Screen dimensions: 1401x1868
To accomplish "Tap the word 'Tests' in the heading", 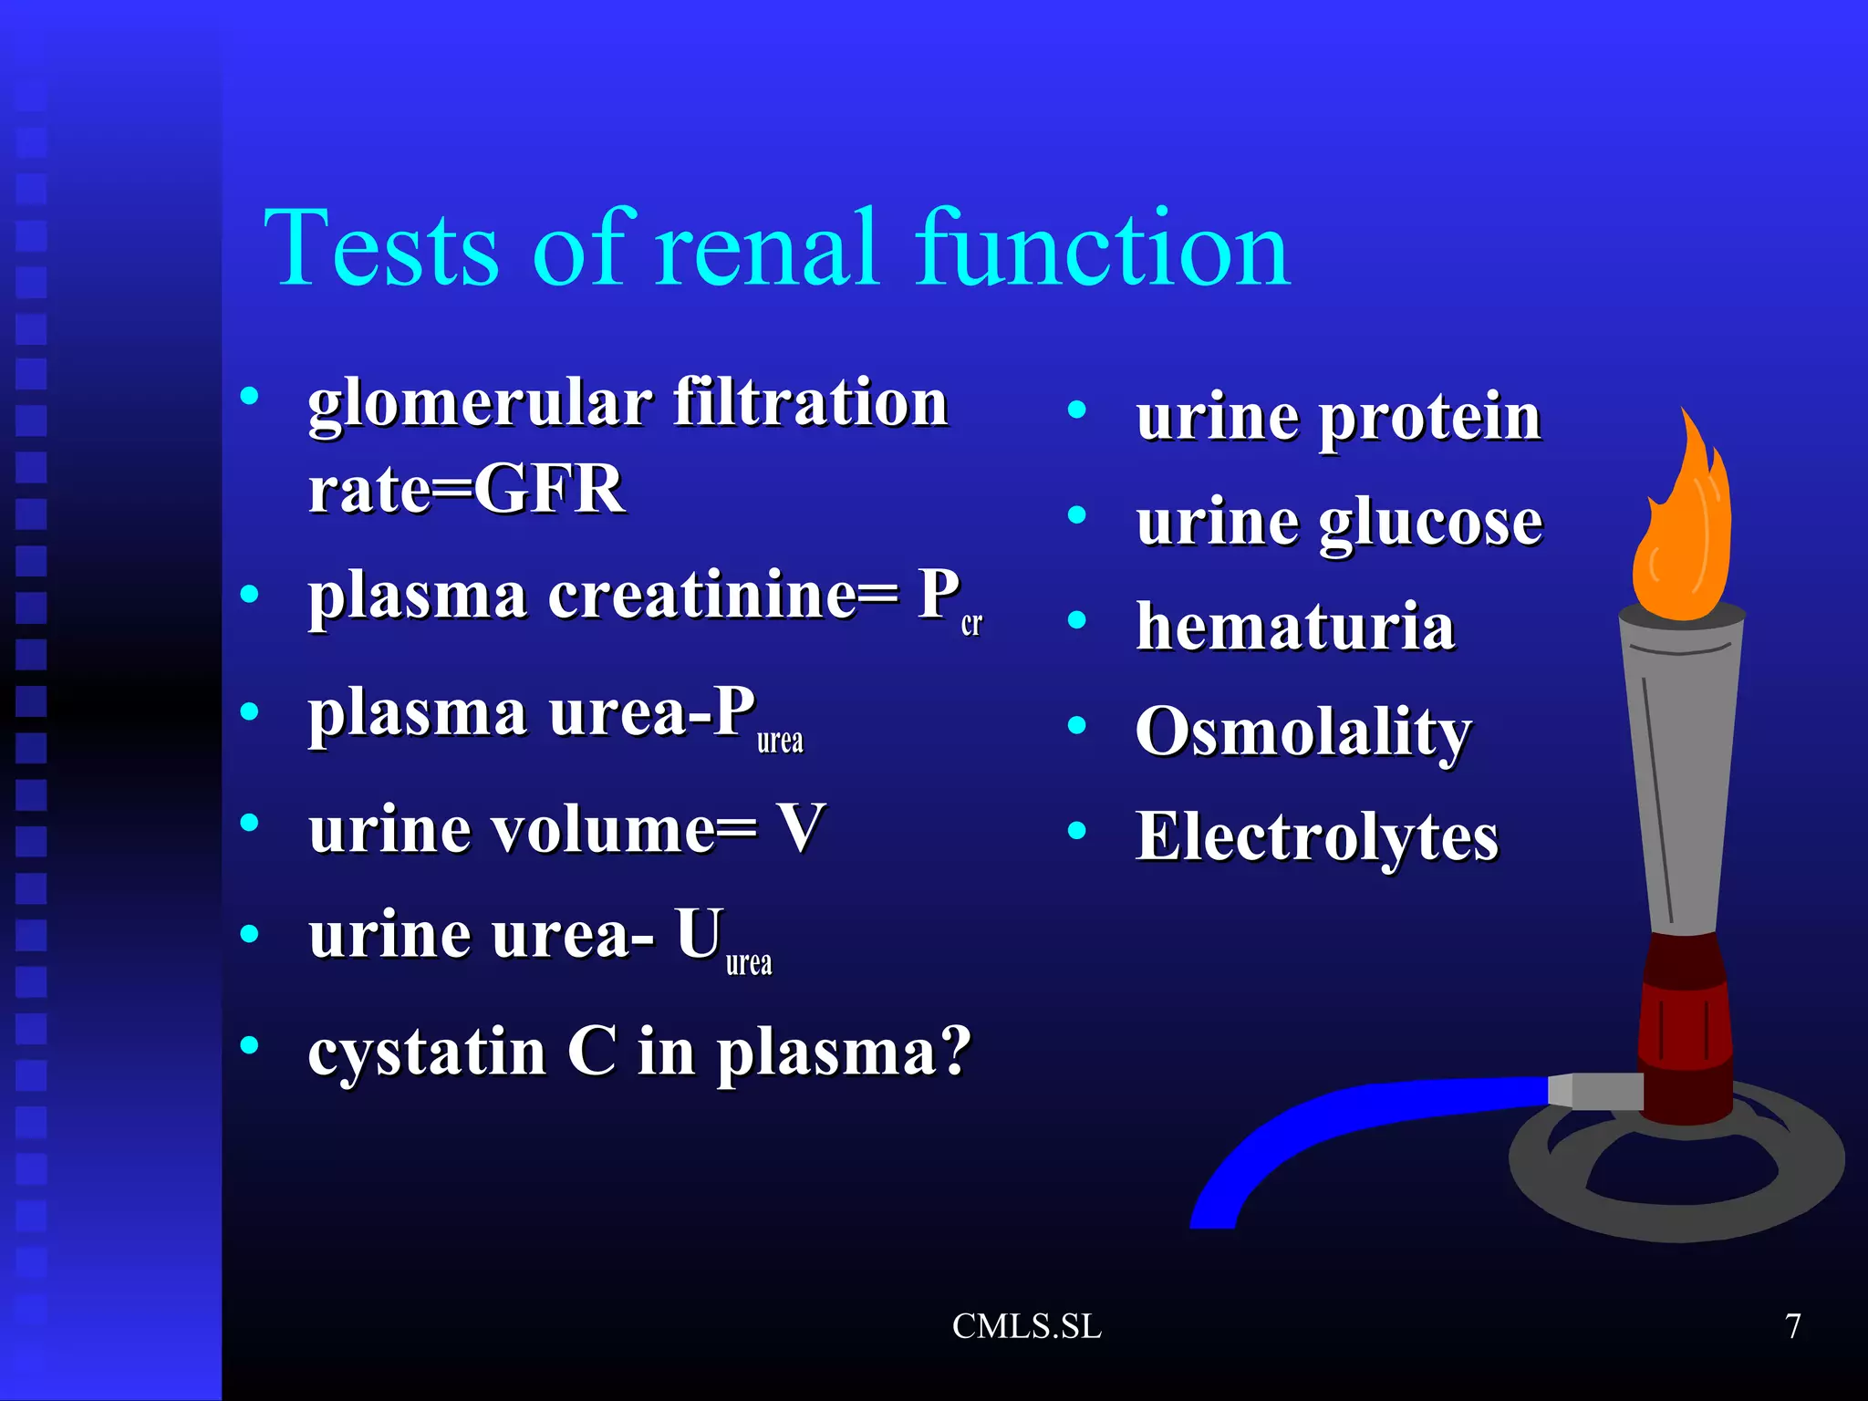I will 381,248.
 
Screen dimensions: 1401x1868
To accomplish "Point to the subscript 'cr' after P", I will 971,624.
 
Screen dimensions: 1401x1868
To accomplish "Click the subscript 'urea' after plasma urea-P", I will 780,741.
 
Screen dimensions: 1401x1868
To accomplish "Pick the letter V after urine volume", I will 800,828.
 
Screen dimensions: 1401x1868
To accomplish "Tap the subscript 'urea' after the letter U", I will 749,962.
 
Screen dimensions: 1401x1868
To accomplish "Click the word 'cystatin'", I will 427,1053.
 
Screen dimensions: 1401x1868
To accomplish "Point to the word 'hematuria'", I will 1295,628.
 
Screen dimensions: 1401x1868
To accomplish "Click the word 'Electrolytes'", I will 1316,836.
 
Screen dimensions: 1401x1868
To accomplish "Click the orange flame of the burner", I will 1684,538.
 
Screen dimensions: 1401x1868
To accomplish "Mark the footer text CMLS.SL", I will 1026,1326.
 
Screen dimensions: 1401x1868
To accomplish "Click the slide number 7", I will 1792,1326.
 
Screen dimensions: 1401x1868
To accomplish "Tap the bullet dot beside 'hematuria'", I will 1077,621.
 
